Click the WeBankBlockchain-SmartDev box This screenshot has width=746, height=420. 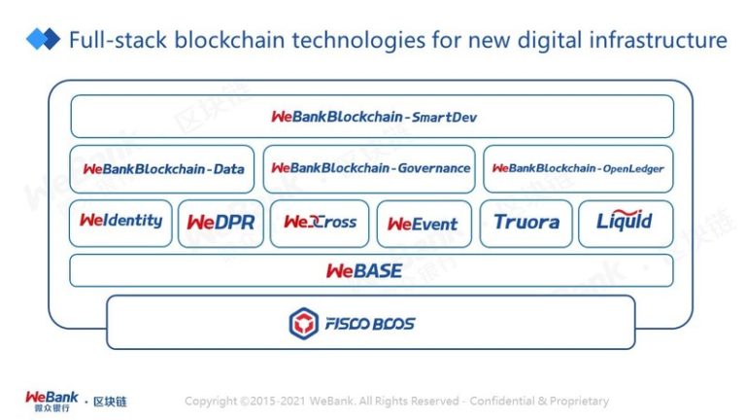point(372,117)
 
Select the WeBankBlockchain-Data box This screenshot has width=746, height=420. point(162,169)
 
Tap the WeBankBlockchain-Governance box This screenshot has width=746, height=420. point(369,169)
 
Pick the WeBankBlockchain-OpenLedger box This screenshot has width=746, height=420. point(578,169)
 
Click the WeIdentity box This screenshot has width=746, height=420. point(120,224)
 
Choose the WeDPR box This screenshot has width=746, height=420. point(220,224)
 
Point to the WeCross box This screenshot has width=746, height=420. point(320,224)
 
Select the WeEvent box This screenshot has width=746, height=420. point(424,224)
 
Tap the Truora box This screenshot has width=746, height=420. point(526,224)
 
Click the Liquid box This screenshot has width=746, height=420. point(626,224)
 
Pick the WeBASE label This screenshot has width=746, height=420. point(364,271)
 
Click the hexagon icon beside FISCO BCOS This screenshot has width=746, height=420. point(303,324)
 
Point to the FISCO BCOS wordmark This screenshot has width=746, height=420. point(370,324)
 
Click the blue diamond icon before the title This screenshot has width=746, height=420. point(43,39)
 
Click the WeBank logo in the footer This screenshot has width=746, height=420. point(51,401)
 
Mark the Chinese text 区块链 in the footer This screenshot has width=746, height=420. point(110,402)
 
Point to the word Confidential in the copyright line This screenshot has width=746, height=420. point(502,401)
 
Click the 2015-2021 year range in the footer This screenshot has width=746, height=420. point(278,401)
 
